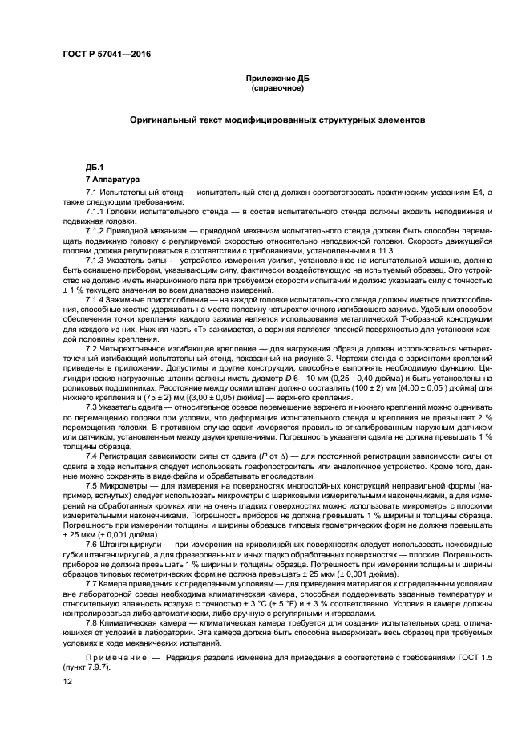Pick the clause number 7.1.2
[x=96, y=229]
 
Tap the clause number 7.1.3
[x=96, y=261]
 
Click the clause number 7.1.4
[x=96, y=299]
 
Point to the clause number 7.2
[x=91, y=348]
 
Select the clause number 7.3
[x=91, y=407]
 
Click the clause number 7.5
[x=91, y=484]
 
